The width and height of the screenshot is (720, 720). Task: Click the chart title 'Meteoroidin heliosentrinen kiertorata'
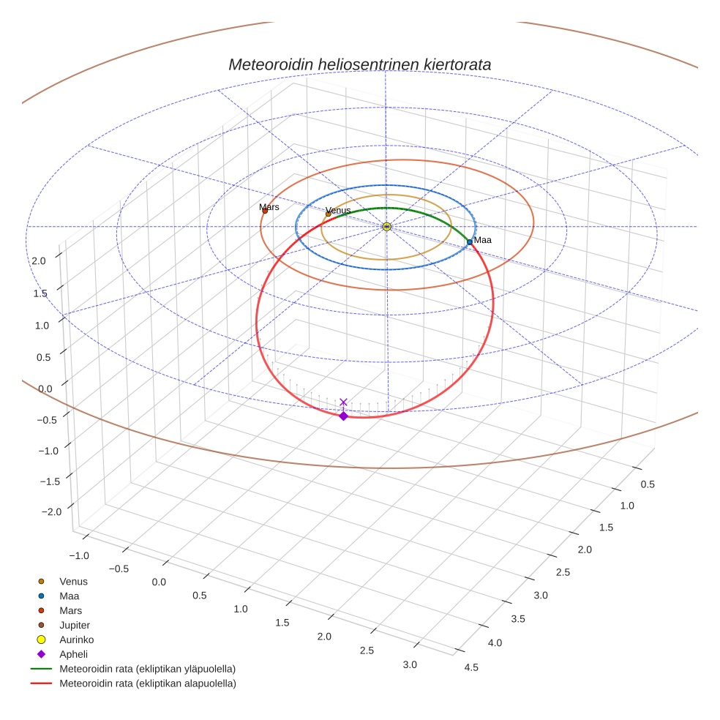359,64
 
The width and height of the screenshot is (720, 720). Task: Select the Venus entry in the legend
73,582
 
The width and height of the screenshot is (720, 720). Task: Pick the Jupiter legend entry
75,626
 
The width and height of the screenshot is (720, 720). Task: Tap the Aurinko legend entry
76,640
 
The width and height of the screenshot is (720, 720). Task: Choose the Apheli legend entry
73,655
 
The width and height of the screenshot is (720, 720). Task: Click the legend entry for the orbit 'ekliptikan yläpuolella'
147,670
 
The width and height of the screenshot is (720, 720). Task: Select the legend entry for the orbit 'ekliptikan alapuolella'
147,684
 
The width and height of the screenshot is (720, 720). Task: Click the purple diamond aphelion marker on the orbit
343,416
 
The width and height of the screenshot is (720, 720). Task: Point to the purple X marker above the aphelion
343,402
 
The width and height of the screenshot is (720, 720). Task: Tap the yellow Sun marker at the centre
386,227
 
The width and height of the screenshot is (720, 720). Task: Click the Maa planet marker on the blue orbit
470,241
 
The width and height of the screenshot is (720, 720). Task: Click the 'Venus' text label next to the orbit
338,211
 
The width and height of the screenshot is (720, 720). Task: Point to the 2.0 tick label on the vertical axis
39,261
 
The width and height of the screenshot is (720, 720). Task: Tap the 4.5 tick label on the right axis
471,667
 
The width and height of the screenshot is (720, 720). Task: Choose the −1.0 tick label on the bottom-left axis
78,555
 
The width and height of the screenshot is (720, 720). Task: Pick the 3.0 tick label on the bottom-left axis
410,664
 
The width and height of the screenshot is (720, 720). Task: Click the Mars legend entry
70,611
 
